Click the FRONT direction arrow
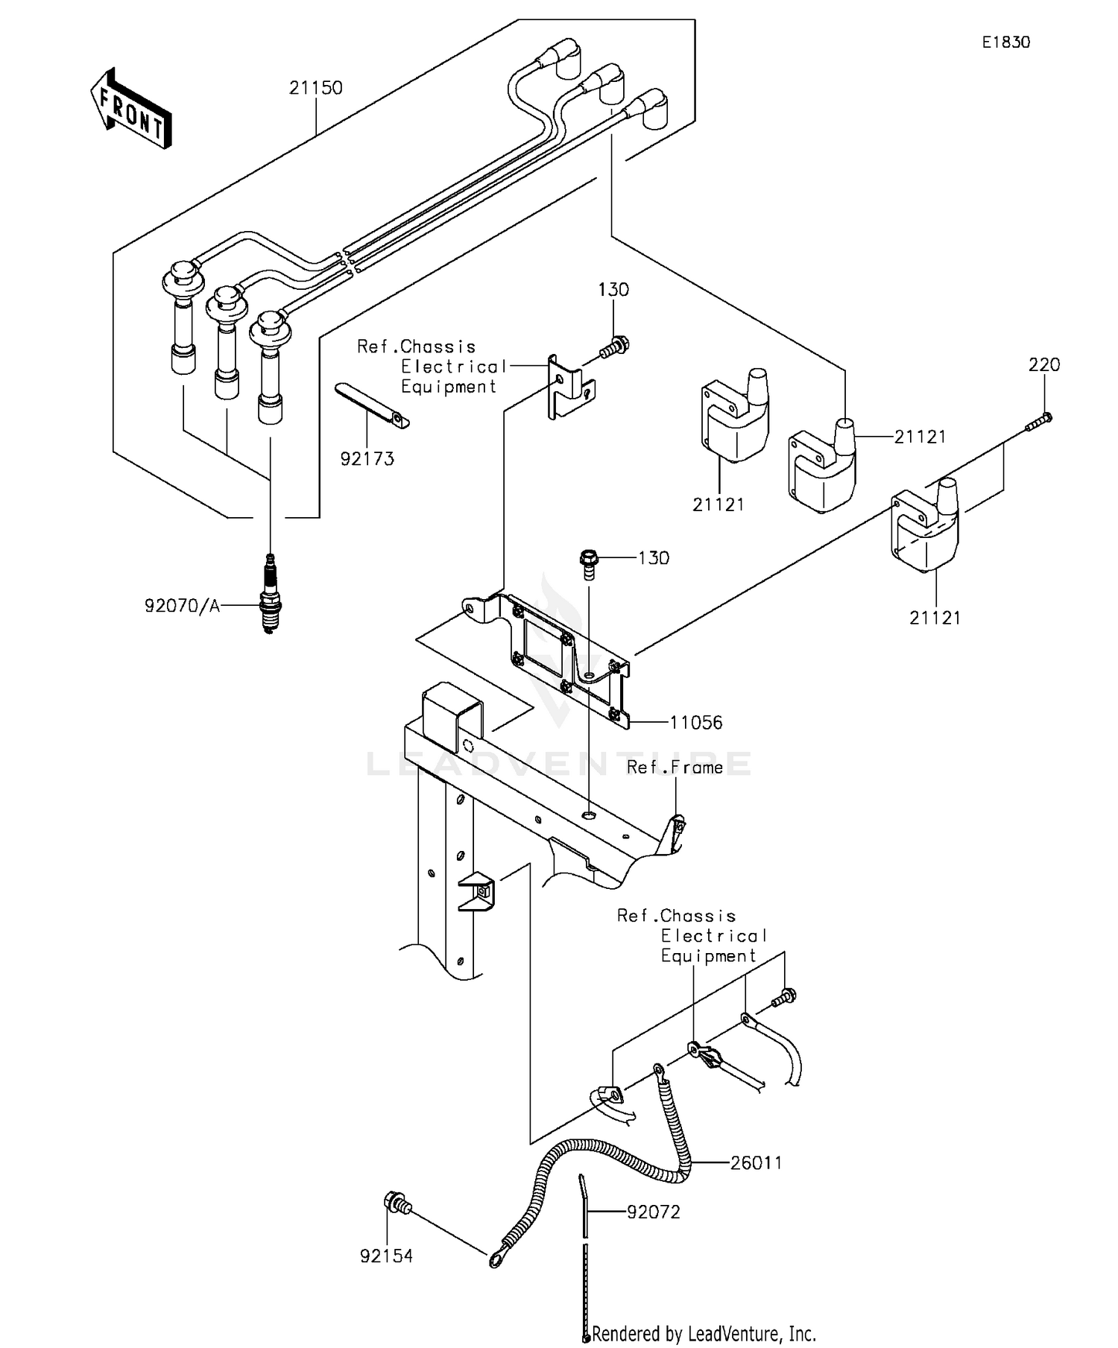pyautogui.click(x=131, y=110)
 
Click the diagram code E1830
pyautogui.click(x=1005, y=42)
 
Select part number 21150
pyautogui.click(x=316, y=88)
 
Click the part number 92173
pyautogui.click(x=367, y=459)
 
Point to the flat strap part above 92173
pyautogui.click(x=372, y=407)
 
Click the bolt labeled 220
pyautogui.click(x=1039, y=423)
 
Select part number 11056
pyautogui.click(x=695, y=722)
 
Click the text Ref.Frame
pyautogui.click(x=675, y=768)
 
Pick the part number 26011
pyautogui.click(x=756, y=1163)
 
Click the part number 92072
pyautogui.click(x=653, y=1212)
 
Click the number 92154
pyautogui.click(x=386, y=1256)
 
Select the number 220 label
pyautogui.click(x=1043, y=365)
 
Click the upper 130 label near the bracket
pyautogui.click(x=613, y=290)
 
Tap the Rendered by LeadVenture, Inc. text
pyautogui.click(x=704, y=1333)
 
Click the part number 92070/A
pyautogui.click(x=183, y=606)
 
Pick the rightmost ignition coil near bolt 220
pyautogui.click(x=926, y=526)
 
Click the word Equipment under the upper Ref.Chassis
pyautogui.click(x=449, y=387)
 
